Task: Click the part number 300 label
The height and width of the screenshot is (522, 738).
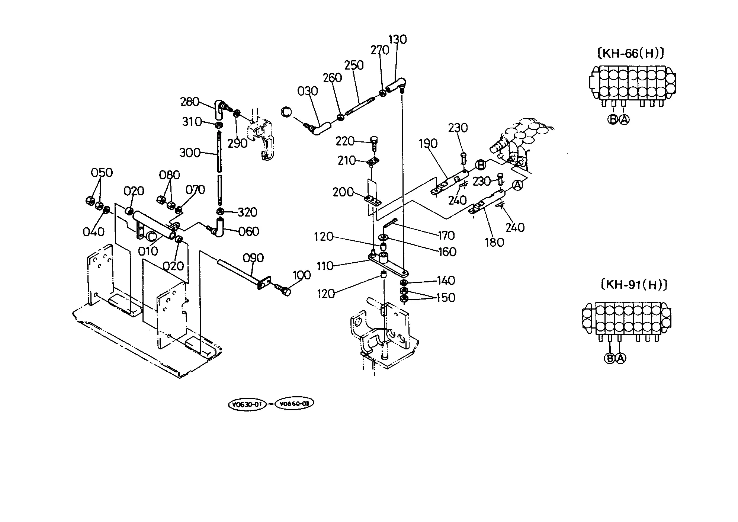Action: point(190,153)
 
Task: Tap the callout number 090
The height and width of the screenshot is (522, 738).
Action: point(253,258)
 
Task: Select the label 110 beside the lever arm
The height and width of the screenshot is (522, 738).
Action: point(325,266)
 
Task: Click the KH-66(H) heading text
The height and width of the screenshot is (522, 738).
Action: point(630,53)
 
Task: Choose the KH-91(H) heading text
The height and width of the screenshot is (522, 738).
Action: point(634,285)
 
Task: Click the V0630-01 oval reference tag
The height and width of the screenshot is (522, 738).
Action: point(247,404)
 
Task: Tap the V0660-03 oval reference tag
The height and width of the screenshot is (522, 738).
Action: point(294,403)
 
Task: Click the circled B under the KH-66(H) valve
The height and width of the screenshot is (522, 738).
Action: point(613,119)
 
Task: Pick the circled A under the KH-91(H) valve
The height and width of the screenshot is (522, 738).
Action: point(621,358)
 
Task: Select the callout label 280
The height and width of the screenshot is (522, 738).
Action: point(190,102)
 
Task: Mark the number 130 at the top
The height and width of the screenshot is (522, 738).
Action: point(398,39)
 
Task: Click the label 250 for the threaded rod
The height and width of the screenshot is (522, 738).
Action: point(354,65)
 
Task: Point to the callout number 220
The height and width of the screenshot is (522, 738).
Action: point(345,141)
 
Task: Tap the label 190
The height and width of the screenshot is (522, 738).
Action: point(428,143)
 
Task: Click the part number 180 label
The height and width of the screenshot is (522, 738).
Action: point(494,242)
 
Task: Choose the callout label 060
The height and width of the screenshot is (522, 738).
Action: point(248,231)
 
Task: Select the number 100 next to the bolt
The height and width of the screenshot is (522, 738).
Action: point(302,275)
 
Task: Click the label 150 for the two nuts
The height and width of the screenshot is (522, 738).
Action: point(446,298)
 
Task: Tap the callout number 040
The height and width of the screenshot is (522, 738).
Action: point(93,232)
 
